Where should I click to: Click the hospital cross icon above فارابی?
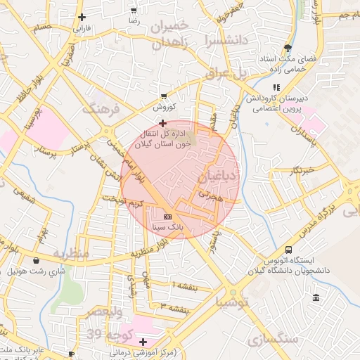click(x=82, y=17)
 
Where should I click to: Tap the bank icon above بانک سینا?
click(x=167, y=217)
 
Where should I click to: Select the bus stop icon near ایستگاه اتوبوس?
click(x=288, y=250)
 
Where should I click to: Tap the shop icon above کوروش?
click(x=164, y=96)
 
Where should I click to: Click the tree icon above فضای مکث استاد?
click(x=287, y=48)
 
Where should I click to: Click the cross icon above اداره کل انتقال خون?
click(x=163, y=123)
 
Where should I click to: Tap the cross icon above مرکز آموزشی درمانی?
click(x=143, y=341)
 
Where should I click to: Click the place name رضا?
click(x=134, y=22)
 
